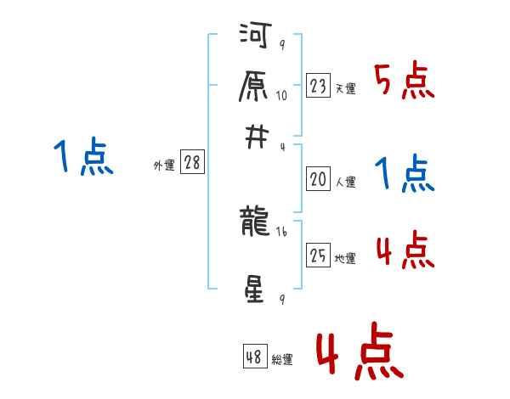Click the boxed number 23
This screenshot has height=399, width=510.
pyautogui.click(x=319, y=86)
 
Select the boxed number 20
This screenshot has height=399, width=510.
pyautogui.click(x=319, y=179)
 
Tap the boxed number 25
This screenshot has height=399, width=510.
pyautogui.click(x=319, y=256)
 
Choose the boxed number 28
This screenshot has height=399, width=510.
pyautogui.click(x=192, y=164)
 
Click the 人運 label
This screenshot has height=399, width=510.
pyautogui.click(x=345, y=182)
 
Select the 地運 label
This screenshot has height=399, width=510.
pyautogui.click(x=345, y=258)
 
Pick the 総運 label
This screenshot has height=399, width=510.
pyautogui.click(x=282, y=360)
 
